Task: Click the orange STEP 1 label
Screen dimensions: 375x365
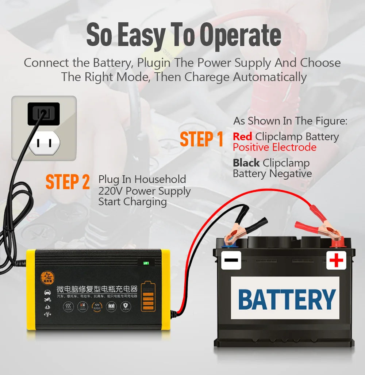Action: pos(201,139)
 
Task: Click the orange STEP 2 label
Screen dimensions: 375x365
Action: pos(68,182)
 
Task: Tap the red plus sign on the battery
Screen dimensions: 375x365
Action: pos(336,260)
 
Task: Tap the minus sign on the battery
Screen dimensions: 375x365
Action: pos(231,260)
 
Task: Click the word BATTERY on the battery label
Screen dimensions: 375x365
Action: pos(287,299)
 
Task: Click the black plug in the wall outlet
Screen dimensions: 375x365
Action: pos(43,114)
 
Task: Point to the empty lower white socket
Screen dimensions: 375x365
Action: pos(44,143)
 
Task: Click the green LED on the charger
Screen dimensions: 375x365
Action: pos(146,263)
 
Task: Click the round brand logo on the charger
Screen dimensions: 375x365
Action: pos(47,278)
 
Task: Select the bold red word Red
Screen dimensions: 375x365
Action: pos(242,137)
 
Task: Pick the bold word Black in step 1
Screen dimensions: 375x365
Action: pos(246,163)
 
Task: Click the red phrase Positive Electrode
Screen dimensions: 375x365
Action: pos(274,147)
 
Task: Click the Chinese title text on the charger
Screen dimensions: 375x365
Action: pos(97,289)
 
